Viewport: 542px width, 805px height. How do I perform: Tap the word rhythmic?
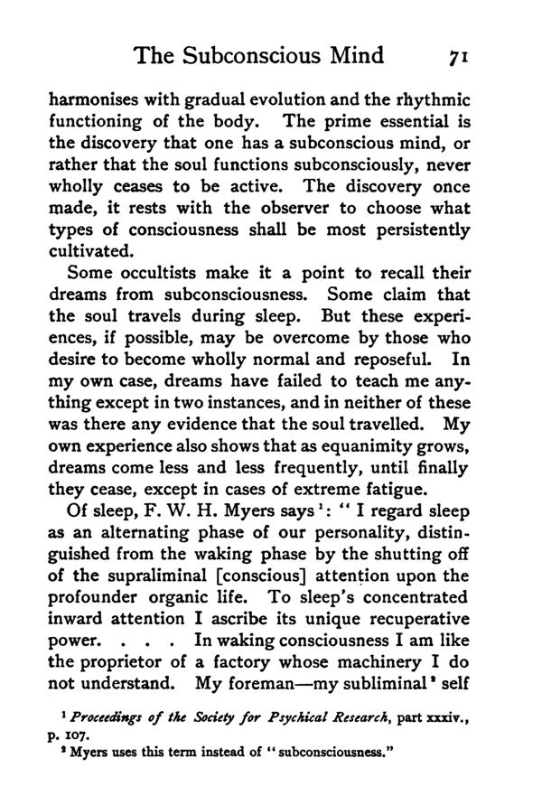click(x=444, y=101)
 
